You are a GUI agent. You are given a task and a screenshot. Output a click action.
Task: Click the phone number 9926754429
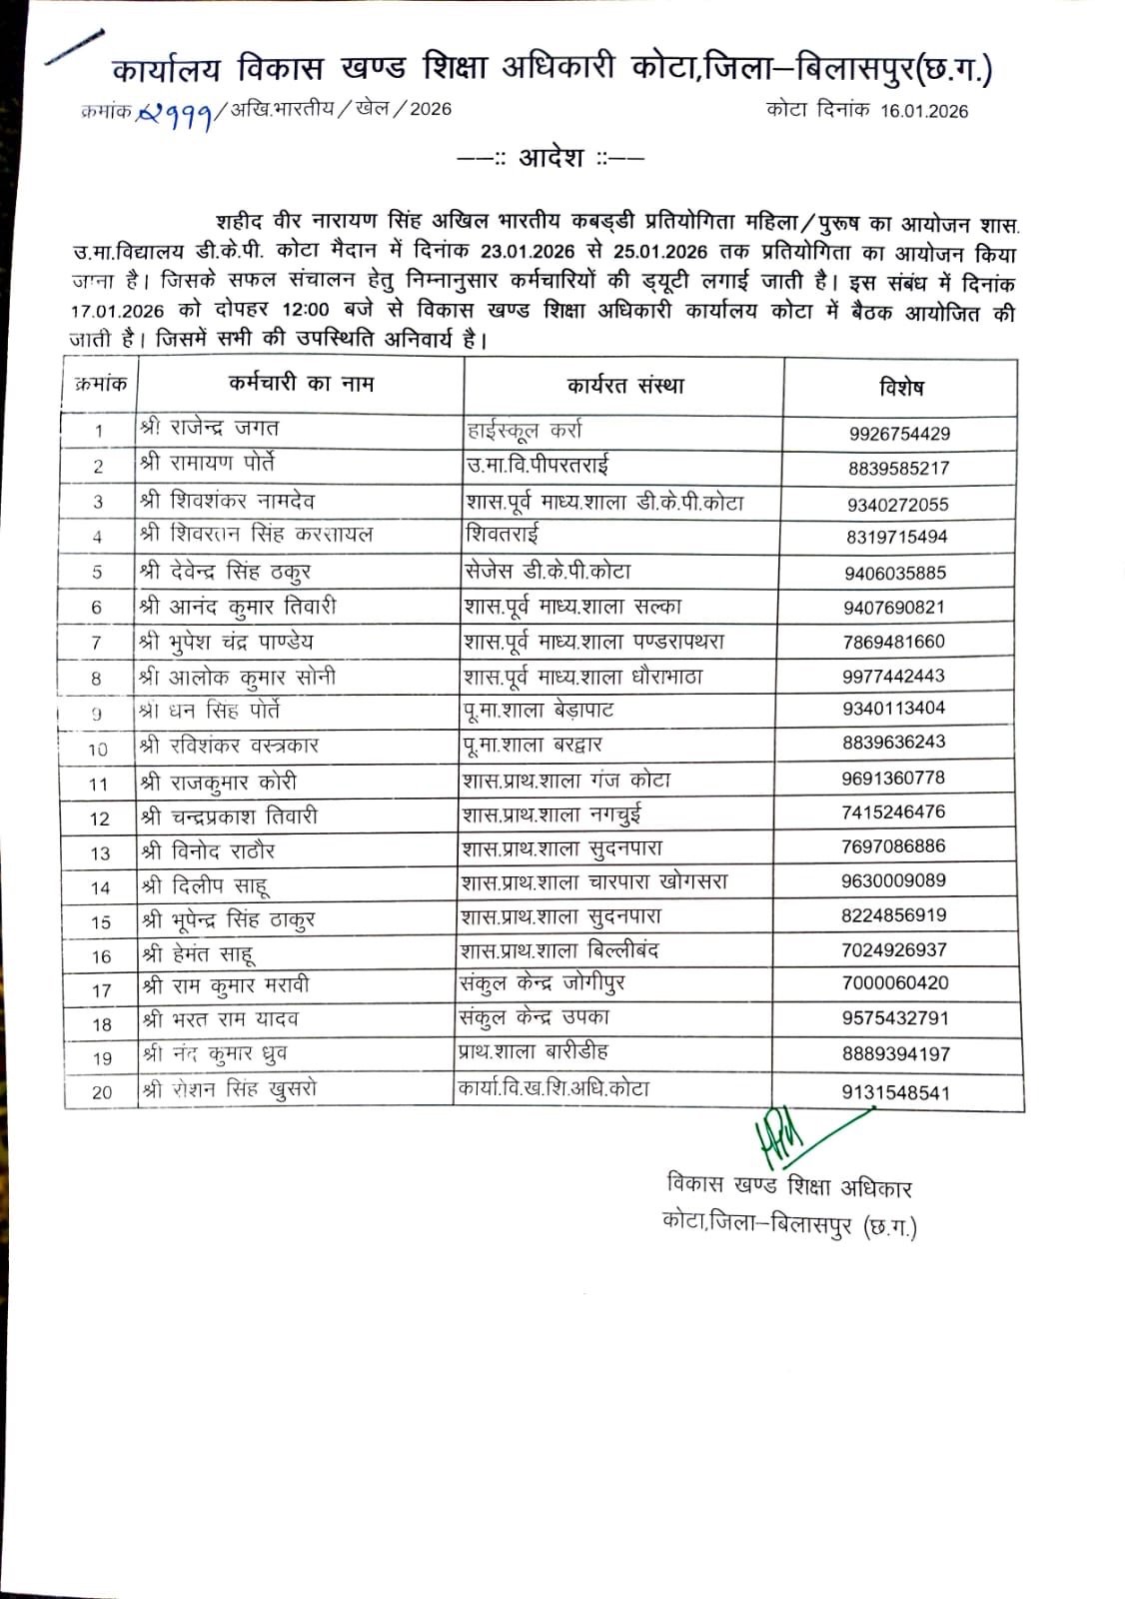pos(899,434)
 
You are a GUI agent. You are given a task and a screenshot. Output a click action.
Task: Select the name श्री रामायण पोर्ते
pos(208,464)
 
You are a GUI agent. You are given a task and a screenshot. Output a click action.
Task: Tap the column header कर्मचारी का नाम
pos(301,384)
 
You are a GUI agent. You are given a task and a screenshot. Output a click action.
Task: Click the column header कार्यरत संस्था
pos(625,386)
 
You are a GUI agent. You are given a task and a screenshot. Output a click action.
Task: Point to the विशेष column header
pos(901,388)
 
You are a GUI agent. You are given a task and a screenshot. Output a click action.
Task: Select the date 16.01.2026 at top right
pos(924,111)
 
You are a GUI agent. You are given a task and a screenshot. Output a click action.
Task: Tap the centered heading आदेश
pos(551,158)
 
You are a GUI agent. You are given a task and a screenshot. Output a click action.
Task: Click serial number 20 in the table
pos(102,1092)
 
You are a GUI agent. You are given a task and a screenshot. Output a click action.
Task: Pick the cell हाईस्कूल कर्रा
pos(525,432)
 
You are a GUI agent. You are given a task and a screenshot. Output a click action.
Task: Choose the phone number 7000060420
pos(895,982)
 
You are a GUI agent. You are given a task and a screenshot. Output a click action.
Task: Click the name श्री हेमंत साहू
pos(198,954)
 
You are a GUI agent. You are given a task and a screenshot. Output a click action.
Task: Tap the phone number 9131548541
pos(896,1092)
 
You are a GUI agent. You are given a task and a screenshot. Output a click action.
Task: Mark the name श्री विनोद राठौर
pos(208,851)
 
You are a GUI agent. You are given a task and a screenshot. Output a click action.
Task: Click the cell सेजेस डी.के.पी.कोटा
pos(548,572)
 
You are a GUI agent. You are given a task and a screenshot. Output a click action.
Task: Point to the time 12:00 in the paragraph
pos(306,311)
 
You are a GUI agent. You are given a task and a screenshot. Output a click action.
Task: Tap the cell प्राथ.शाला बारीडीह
pos(533,1051)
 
